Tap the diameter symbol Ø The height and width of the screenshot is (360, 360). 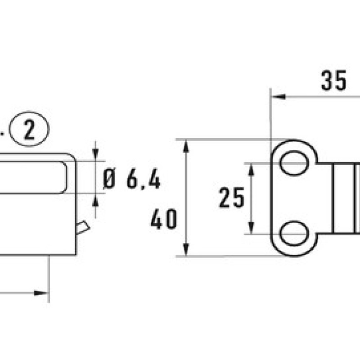pos(109,180)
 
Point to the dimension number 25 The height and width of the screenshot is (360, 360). pos(231,198)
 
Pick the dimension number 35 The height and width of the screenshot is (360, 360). pos(333,81)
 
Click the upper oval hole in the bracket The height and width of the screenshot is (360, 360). pos(294,163)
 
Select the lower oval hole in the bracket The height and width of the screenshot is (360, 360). pos(294,233)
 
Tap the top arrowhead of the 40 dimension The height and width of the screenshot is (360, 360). pos(186,145)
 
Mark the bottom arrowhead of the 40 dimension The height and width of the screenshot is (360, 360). pos(186,250)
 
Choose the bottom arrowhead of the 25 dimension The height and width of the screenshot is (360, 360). pos(251,229)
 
